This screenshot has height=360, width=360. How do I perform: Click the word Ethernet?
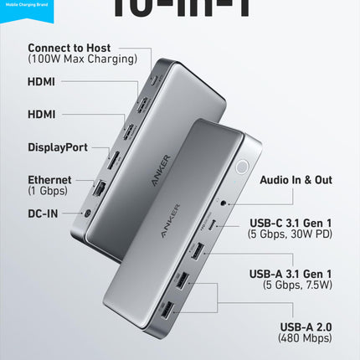pyautogui.click(x=49, y=179)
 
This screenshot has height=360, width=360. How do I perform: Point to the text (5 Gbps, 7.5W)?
pyautogui.click(x=291, y=285)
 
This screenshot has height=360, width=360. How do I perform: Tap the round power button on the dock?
pyautogui.click(x=241, y=166)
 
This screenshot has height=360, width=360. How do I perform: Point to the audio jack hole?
pyautogui.click(x=224, y=202)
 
